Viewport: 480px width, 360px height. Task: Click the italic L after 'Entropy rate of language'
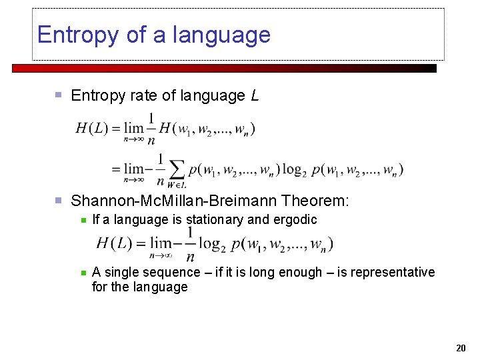(x=255, y=96)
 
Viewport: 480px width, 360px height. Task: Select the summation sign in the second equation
(x=176, y=169)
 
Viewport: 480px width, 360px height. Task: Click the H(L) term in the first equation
(x=92, y=129)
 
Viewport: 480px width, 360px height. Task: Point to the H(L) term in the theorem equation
(x=115, y=243)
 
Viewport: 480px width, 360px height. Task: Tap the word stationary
(x=213, y=219)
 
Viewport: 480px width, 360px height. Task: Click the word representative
(x=393, y=272)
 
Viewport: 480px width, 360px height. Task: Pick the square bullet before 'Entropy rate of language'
(x=59, y=96)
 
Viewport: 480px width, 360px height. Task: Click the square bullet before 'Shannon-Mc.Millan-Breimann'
(x=59, y=201)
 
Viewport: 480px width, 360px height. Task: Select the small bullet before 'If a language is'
(x=83, y=219)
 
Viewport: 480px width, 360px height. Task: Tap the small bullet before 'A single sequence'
(x=83, y=272)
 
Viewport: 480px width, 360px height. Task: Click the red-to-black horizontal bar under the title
(x=224, y=68)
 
